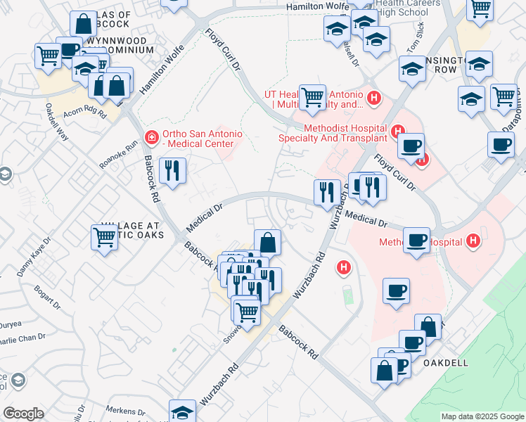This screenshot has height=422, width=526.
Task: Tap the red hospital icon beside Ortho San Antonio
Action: tap(150, 136)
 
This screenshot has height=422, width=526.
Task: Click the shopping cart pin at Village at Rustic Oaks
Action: tap(104, 236)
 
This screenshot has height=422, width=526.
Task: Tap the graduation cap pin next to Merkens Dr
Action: tap(182, 412)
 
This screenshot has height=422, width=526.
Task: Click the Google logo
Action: tap(23, 414)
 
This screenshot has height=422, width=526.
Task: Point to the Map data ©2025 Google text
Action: tap(482, 416)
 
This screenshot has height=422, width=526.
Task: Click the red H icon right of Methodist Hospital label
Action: tap(473, 242)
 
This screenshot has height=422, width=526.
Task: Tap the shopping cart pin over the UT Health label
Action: tap(312, 96)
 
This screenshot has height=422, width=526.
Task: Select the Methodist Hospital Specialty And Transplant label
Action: tap(345, 133)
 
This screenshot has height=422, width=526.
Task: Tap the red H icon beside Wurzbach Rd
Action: tap(344, 267)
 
